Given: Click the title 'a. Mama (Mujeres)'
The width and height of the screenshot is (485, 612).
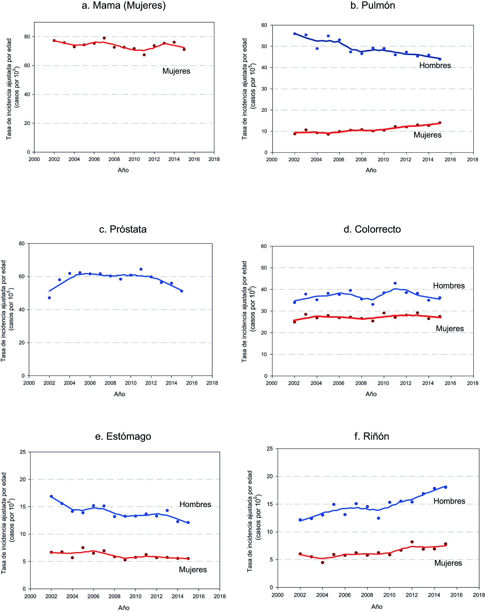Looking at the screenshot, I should point(124,6).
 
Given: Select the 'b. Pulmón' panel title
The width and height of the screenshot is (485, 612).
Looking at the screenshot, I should point(372,6).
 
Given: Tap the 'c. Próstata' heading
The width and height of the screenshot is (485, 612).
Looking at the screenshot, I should point(123,229).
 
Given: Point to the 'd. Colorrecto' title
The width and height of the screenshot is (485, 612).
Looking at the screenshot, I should point(372,229).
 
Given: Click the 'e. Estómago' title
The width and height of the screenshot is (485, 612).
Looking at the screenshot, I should point(123,436).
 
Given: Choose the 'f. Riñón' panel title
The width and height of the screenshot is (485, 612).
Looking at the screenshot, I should point(371,436).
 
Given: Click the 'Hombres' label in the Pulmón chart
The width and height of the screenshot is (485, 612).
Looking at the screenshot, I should point(435,66).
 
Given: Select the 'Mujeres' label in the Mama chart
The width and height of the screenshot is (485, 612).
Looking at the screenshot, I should point(176,71).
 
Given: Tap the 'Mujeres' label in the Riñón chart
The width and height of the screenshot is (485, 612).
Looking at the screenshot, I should point(448,563).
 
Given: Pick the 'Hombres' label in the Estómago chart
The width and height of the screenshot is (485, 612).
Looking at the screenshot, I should point(195,504).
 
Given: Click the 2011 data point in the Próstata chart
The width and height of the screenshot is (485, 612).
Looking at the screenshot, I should point(141,269).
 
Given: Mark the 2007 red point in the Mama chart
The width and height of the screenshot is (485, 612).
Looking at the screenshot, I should point(104,38).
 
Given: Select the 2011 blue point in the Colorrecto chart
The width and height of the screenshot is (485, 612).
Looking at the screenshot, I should point(395,283).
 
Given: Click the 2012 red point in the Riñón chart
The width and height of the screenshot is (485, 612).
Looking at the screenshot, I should point(412,542).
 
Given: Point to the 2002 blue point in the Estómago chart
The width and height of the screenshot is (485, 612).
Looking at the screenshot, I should point(51,496).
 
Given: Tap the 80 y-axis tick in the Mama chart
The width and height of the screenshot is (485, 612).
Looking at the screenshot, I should point(27,37).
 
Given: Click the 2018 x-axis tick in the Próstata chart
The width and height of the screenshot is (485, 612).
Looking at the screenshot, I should point(212,383).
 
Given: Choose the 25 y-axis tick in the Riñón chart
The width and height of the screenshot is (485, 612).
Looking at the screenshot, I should point(270,449).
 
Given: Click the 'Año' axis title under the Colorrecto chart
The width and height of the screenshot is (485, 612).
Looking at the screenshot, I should point(371,394).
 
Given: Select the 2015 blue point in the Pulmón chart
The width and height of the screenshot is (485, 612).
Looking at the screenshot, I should point(440,59).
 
